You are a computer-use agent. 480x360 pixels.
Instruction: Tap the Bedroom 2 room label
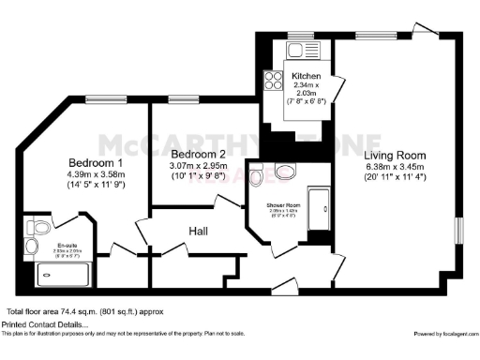196,154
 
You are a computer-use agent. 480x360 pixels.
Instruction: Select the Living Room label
394,156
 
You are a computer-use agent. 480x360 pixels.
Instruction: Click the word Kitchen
307,76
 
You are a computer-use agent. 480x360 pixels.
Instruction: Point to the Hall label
197,230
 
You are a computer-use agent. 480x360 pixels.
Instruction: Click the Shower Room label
282,204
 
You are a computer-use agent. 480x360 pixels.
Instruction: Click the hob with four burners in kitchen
275,81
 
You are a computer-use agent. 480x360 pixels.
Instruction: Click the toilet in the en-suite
38,227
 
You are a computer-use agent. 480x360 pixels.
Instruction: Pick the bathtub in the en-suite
63,275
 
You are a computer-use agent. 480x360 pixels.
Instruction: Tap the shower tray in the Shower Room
320,208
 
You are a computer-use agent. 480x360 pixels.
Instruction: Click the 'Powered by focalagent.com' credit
444,333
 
